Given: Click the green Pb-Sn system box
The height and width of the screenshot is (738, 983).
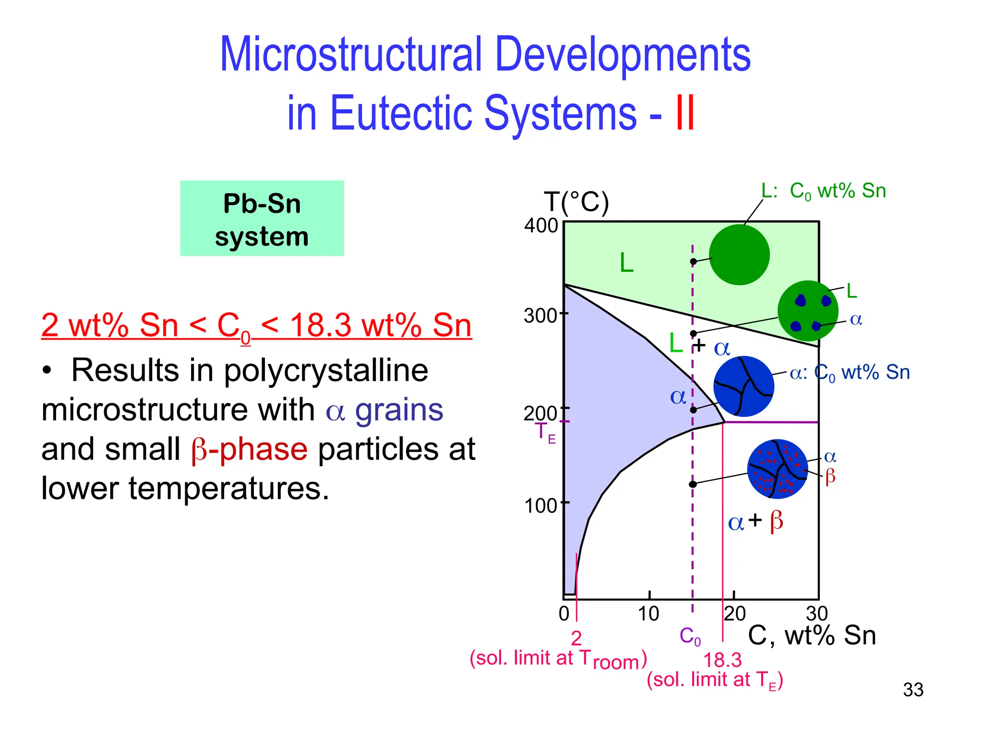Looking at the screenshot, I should click(262, 219).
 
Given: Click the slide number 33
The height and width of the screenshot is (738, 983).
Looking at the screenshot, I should click(913, 690).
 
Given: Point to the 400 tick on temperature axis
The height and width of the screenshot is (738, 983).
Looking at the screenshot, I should click(541, 225).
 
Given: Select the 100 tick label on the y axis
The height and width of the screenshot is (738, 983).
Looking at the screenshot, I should click(541, 506).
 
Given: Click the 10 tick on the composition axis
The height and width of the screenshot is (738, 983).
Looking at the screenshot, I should click(648, 614).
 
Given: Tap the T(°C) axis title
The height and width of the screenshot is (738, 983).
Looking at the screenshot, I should click(576, 202).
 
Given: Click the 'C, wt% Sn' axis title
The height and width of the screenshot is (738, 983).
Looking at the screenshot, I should click(812, 635).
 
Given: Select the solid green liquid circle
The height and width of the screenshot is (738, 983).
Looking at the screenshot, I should click(739, 255).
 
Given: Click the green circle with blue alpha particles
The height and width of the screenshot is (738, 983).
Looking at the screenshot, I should click(808, 311).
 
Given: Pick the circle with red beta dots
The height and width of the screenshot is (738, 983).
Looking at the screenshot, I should click(778, 469).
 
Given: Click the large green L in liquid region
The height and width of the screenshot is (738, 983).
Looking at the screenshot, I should click(626, 263).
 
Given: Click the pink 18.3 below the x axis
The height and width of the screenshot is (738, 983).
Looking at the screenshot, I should click(722, 660).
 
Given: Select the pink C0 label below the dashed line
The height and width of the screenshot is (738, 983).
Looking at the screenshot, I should click(690, 636).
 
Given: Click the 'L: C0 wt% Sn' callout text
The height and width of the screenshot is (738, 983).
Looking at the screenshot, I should click(823, 191).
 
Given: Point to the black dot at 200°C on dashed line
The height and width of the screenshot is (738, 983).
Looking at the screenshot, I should click(693, 410).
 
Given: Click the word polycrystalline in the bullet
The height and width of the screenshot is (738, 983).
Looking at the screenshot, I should click(326, 370).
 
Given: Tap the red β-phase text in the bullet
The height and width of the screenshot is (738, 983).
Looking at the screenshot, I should click(249, 449).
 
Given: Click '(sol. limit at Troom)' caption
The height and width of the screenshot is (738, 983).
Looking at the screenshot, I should click(558, 659).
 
